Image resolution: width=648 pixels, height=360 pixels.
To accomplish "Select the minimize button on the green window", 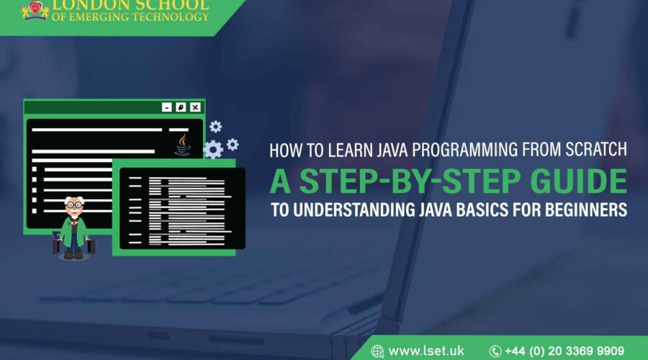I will pos(167,107).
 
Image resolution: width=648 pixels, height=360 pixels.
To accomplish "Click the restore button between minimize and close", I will pos(181,107).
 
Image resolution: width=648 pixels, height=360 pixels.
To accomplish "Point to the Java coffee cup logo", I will pos(183,144).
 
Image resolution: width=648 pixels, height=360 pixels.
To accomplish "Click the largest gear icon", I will pos(213,149).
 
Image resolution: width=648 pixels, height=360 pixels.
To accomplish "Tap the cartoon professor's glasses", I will pos(73,207).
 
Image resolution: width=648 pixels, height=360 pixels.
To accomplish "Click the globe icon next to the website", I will pos(377,351).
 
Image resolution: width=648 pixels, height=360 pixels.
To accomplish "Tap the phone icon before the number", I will pos(495,351).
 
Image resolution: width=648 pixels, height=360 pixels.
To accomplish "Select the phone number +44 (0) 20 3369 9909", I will pos(564,351).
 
